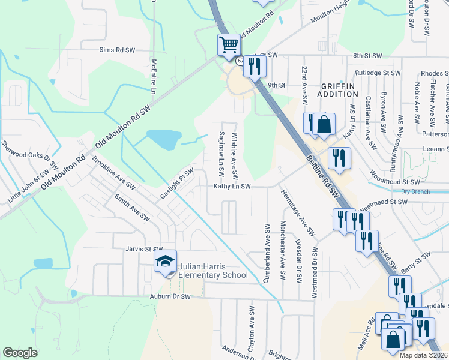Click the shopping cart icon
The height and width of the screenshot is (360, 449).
pyautogui.click(x=229, y=45)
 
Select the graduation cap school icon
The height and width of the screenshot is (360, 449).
pyautogui.click(x=165, y=261)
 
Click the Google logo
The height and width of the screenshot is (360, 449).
pyautogui.click(x=20, y=353)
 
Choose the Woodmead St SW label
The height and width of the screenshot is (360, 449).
pyautogui.click(x=395, y=181)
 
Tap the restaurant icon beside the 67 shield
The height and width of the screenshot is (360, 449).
pyautogui.click(x=254, y=67)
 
